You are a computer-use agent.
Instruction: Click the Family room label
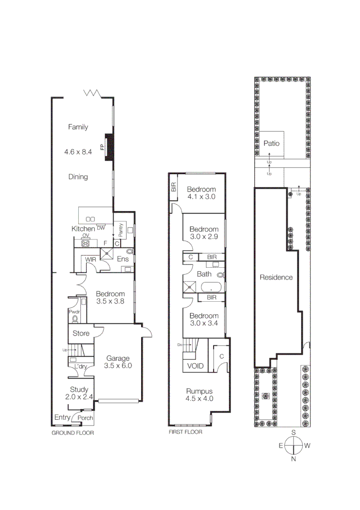click(x=78, y=127)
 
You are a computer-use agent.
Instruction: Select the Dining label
click(x=78, y=177)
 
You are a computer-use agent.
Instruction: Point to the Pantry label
click(x=121, y=230)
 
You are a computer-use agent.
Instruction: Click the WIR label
click(x=90, y=259)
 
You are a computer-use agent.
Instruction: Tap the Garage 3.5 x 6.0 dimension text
click(x=117, y=365)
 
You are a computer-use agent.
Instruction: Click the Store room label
click(x=81, y=333)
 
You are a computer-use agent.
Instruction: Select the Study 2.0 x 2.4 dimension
click(x=79, y=397)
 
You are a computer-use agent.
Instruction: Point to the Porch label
click(x=85, y=418)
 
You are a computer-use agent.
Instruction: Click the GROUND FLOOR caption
click(x=73, y=433)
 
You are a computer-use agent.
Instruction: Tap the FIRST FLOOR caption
click(x=185, y=432)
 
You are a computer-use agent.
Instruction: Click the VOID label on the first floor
click(x=195, y=366)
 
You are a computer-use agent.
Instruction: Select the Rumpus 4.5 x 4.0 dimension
click(x=200, y=399)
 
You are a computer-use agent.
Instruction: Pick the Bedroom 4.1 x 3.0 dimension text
click(x=201, y=197)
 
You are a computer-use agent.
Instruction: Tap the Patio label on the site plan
click(x=271, y=143)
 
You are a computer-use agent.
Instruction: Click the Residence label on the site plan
click(x=276, y=277)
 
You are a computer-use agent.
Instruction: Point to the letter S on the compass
click(x=293, y=433)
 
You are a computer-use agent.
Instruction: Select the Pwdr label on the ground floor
click(x=74, y=312)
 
